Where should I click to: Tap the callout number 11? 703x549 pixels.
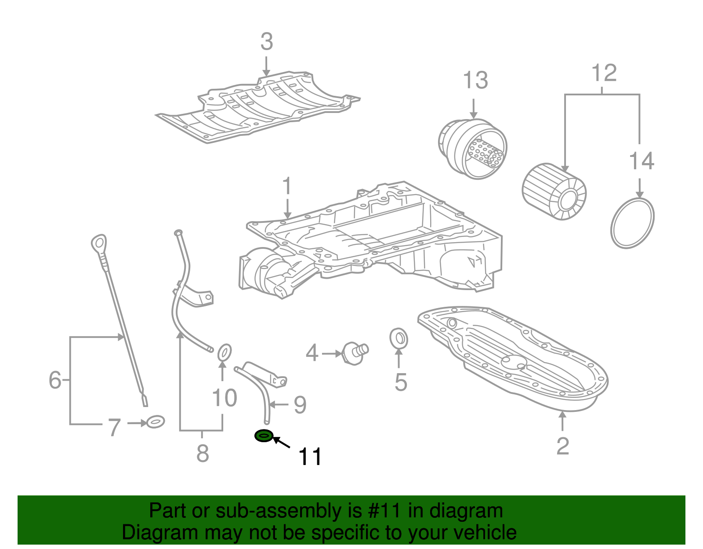(x=310, y=457)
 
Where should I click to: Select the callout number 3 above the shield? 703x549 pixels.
(x=266, y=42)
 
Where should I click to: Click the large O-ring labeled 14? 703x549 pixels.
(x=632, y=223)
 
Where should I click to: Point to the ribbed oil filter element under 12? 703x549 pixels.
(x=554, y=192)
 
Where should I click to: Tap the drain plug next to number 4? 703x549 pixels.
(x=355, y=352)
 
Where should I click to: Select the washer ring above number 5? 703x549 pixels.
(x=399, y=338)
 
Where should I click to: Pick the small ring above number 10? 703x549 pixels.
(x=225, y=352)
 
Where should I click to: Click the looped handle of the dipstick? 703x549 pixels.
(x=99, y=242)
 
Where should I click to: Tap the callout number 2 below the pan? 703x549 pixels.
(x=562, y=446)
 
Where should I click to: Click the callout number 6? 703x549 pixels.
(x=55, y=380)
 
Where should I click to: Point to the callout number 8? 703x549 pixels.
(x=202, y=453)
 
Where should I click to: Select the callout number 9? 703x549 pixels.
(x=300, y=404)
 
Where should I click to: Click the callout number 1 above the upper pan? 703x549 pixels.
(x=286, y=186)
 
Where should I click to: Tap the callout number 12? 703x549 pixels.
(x=604, y=73)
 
